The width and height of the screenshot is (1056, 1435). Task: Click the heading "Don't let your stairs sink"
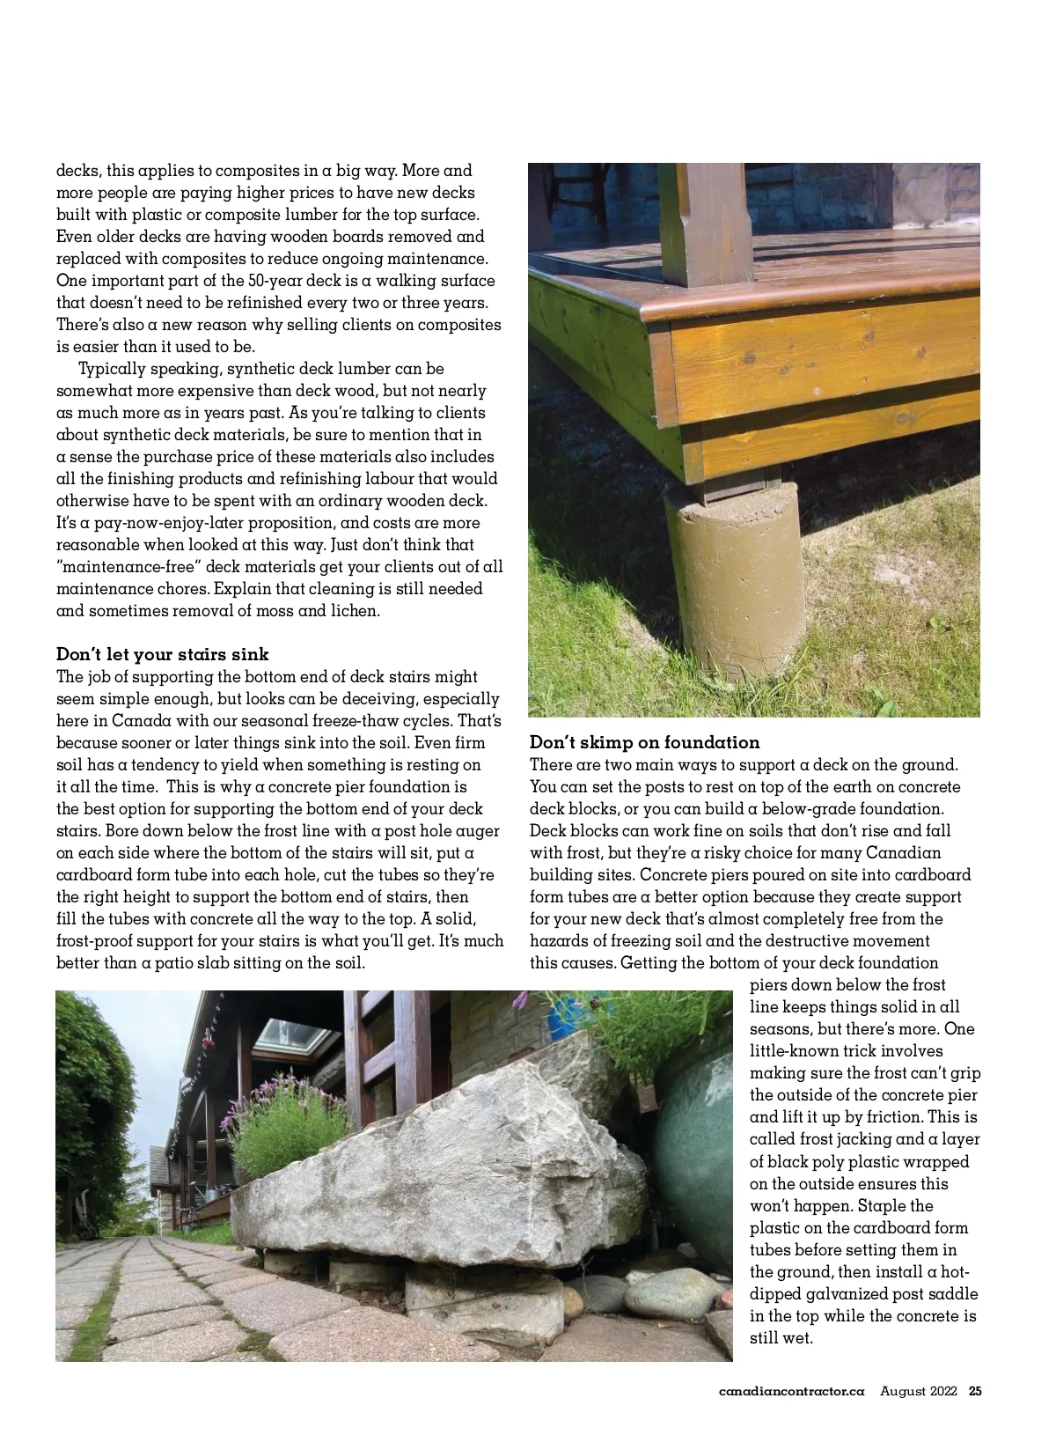(x=163, y=654)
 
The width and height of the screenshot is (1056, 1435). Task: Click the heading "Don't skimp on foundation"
(x=644, y=742)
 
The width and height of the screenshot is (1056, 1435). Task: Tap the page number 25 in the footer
(x=975, y=1392)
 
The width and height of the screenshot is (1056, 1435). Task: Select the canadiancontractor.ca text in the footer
(x=791, y=1392)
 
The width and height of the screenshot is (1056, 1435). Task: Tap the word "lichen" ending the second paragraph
(x=354, y=611)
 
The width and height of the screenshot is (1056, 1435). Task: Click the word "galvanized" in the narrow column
(x=836, y=1294)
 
